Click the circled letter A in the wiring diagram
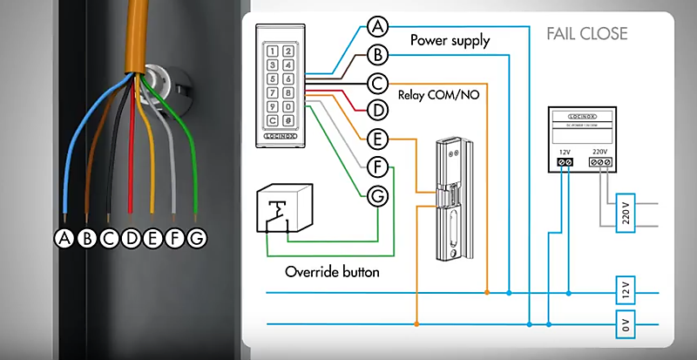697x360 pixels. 376,26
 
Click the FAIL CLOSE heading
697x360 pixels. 586,34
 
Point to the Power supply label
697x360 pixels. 450,40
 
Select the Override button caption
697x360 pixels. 332,271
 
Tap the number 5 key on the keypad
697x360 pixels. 290,65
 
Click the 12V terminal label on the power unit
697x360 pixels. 564,151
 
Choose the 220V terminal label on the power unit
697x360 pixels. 600,151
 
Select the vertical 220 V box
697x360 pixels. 625,211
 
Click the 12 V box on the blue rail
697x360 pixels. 625,288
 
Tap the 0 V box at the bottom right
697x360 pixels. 625,325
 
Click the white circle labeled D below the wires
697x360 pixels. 131,237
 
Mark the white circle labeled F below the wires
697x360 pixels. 176,237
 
